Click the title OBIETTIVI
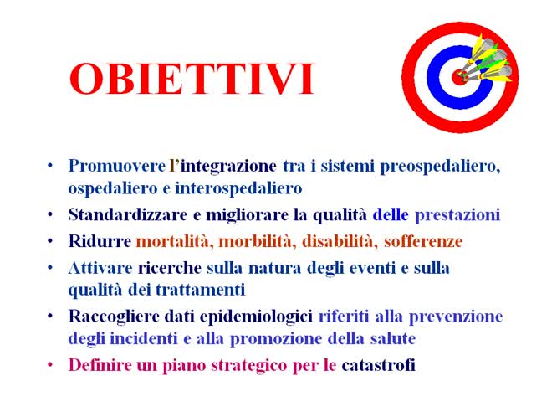[192, 80]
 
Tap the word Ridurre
[100, 241]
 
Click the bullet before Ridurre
[52, 241]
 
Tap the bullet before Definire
[52, 365]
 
